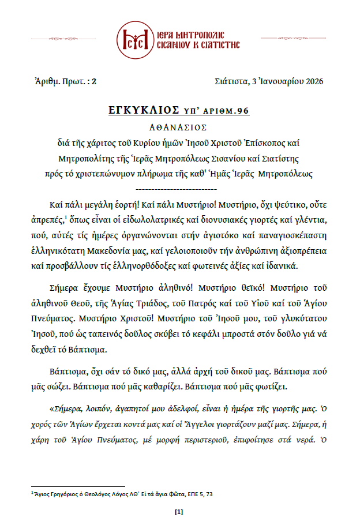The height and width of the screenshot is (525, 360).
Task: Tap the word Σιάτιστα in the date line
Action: pyautogui.click(x=228, y=81)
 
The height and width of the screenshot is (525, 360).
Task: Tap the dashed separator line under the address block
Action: pyautogui.click(x=179, y=188)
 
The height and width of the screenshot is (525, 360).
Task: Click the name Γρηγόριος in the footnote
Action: pyautogui.click(x=60, y=494)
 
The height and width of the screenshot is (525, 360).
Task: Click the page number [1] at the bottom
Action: pyautogui.click(x=179, y=512)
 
